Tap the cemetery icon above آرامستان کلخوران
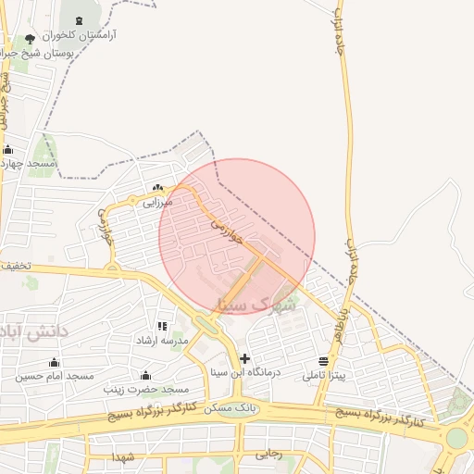pos(77,20)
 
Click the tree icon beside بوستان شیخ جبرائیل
pos(31,39)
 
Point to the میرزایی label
pos(157,199)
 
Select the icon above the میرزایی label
pos(157,186)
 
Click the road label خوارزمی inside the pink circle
pos(226,230)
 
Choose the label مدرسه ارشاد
pos(163,340)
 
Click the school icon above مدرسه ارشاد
pos(163,326)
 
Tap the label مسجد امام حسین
pos(55,376)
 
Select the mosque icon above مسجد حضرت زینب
pos(145,375)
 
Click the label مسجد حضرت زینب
pos(145,389)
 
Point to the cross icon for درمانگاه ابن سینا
pos(244,358)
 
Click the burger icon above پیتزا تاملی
pos(323,361)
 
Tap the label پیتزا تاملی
pos(324,375)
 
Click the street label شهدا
pos(124,457)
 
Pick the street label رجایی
pos(268,454)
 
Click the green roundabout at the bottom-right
pos(457,437)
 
